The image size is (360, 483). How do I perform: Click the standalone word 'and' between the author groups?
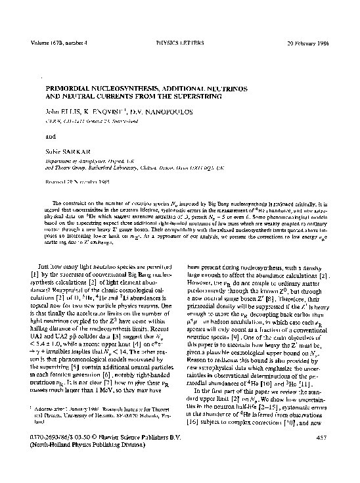[49, 139]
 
